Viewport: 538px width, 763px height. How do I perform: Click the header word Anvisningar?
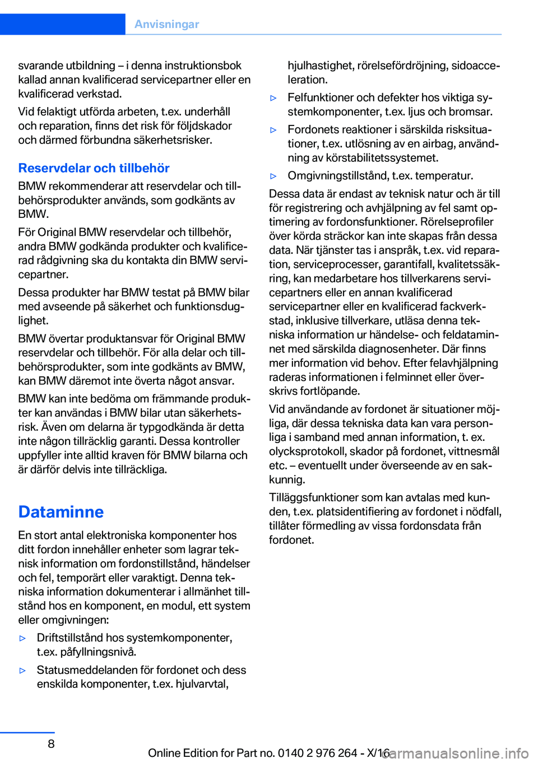166,24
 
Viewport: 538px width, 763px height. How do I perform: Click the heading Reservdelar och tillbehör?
94,168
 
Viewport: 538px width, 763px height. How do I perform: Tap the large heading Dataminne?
61,511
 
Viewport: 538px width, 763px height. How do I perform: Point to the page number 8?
51,743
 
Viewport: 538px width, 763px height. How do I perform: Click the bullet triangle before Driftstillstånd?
22,638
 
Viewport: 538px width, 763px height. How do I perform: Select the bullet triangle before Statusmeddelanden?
22,671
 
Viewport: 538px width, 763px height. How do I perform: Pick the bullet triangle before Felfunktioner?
273,98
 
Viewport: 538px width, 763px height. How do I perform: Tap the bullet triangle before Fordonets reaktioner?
273,130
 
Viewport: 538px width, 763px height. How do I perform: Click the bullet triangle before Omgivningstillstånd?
273,176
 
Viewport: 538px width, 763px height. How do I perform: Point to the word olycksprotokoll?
307,452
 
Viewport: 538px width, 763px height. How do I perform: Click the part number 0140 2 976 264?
317,753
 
